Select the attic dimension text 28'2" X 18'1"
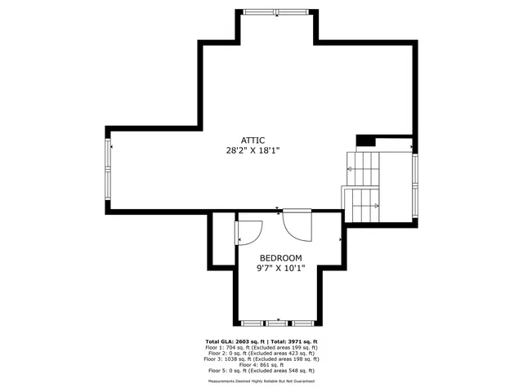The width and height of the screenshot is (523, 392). point(253,150)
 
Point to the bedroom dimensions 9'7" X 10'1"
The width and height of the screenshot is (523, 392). point(280,268)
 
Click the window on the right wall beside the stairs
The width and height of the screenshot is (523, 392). point(415,184)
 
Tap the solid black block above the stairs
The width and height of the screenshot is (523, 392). point(365,140)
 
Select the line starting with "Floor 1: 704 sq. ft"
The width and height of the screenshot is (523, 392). point(261,347)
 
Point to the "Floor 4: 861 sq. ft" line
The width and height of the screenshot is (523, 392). point(261,364)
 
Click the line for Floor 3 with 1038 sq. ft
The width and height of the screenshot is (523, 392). point(261,359)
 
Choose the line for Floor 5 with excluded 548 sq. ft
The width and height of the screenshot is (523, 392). point(261,370)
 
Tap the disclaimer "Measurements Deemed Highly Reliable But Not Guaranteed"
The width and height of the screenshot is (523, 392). point(261,381)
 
